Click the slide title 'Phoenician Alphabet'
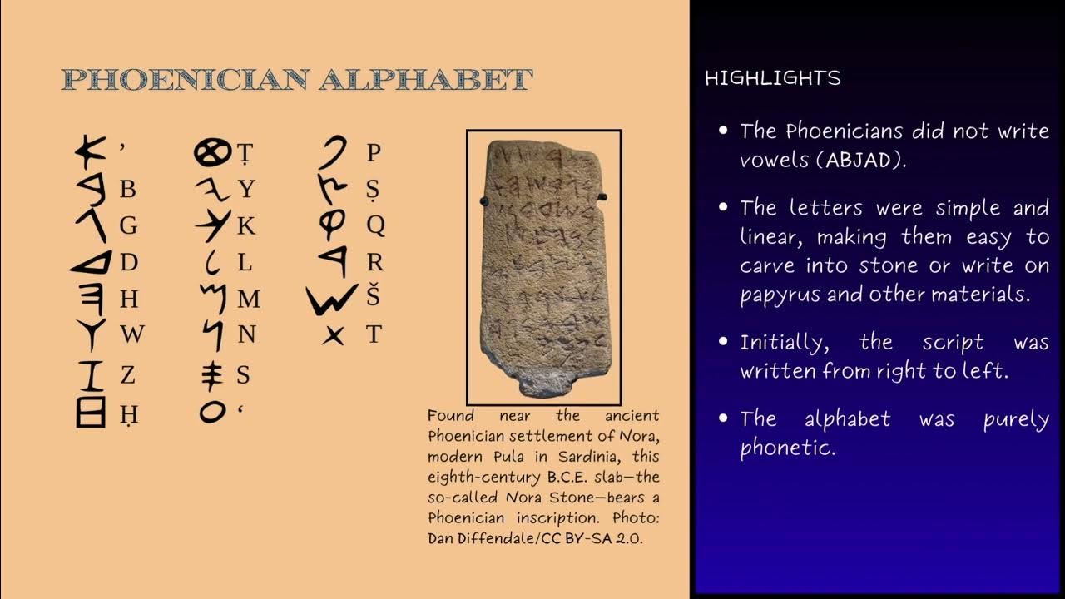click(x=297, y=80)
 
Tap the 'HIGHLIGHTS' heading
click(x=772, y=78)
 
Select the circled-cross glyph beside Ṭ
click(x=211, y=152)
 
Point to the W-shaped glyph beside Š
click(x=332, y=299)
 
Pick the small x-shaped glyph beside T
click(x=333, y=335)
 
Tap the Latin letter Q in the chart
click(x=375, y=225)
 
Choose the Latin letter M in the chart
click(x=248, y=299)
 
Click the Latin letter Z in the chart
click(x=127, y=375)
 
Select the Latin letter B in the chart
click(x=127, y=190)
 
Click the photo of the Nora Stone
click(x=544, y=266)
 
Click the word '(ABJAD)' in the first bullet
click(x=862, y=161)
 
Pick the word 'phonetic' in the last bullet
click(x=787, y=448)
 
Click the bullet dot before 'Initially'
click(x=723, y=342)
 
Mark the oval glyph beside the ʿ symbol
click(x=212, y=411)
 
